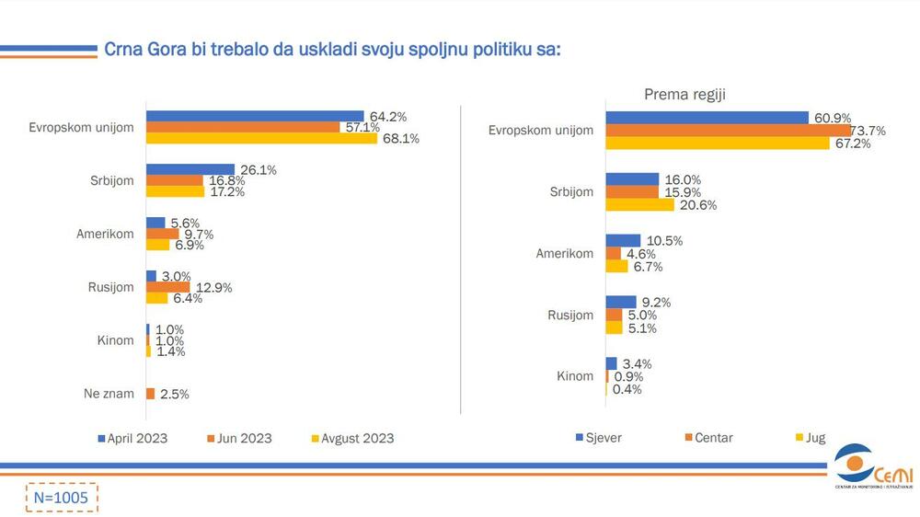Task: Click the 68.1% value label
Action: (399, 139)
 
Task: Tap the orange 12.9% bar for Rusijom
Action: (167, 287)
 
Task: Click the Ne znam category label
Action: (108, 394)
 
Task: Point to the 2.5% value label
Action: (174, 394)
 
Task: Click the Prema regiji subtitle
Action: (685, 94)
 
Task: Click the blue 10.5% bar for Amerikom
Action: (623, 240)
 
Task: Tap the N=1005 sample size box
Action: (61, 497)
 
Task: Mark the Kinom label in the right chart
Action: (575, 376)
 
